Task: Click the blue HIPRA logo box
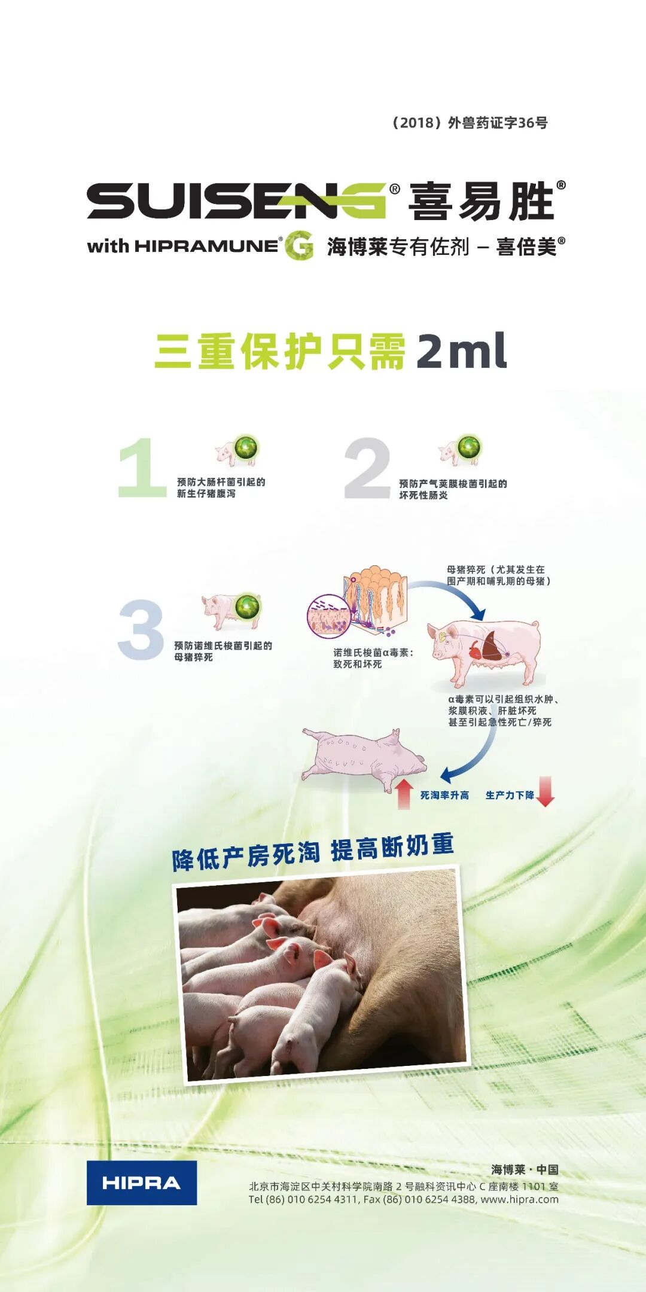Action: click(x=142, y=1183)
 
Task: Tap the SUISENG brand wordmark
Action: click(x=237, y=200)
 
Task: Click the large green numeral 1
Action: click(x=142, y=468)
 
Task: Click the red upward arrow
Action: click(x=404, y=794)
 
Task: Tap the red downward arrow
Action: click(x=546, y=791)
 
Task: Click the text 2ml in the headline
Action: click(x=461, y=351)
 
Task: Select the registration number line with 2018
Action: click(x=469, y=123)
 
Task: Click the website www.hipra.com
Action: click(x=519, y=1199)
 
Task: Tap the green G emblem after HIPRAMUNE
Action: click(x=299, y=245)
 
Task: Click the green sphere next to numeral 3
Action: click(x=247, y=607)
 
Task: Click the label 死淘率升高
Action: click(x=444, y=795)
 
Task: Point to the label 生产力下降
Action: click(x=510, y=795)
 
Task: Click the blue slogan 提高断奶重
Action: click(x=392, y=848)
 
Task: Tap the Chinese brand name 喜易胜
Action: click(x=482, y=202)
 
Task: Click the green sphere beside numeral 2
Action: click(x=470, y=447)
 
